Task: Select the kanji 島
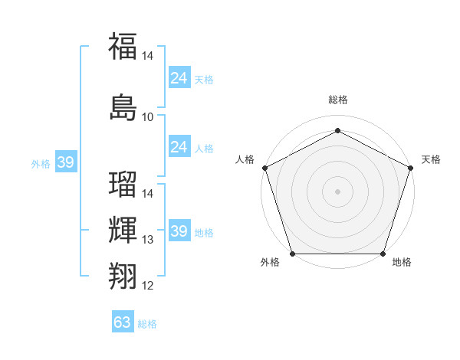[x=123, y=107]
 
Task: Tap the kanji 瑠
[x=123, y=185]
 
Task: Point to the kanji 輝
[x=123, y=229]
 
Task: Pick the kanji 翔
[x=123, y=275]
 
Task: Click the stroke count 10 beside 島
[x=147, y=117]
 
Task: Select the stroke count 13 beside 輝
[x=147, y=240]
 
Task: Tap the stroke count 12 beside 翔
[x=147, y=286]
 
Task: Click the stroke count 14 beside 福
[x=147, y=56]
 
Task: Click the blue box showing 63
[x=123, y=322]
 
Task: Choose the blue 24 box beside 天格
[x=179, y=78]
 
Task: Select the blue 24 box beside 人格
[x=179, y=147]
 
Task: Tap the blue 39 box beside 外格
[x=66, y=163]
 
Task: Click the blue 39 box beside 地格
[x=179, y=231]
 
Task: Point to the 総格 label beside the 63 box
[x=147, y=324]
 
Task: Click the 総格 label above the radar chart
[x=337, y=100]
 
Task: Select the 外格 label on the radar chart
[x=270, y=262]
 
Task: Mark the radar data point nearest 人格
[x=264, y=168]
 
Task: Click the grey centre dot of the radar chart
[x=337, y=191]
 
